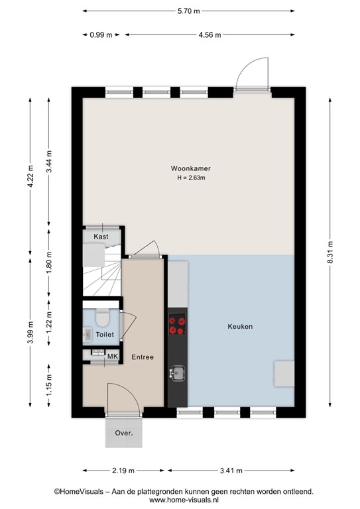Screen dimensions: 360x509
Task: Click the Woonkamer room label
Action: pos(190,168)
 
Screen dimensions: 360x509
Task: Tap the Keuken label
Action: pos(240,327)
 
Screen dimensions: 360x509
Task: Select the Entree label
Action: pos(143,357)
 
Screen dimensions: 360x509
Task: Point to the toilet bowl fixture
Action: pos(103,317)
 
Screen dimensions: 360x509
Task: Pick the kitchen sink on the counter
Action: pos(177,373)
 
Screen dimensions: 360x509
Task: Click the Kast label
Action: pos(101,237)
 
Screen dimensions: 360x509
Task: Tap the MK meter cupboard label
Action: pos(113,356)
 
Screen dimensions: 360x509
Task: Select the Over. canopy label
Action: pos(124,433)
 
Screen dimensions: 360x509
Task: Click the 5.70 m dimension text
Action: pos(188,11)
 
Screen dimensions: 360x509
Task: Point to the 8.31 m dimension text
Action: pos(330,253)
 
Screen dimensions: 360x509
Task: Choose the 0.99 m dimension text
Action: pos(101,34)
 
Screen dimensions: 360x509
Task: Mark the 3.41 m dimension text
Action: pos(231,471)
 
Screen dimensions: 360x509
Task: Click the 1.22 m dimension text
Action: pos(49,322)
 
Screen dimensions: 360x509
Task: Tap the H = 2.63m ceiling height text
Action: pos(191,178)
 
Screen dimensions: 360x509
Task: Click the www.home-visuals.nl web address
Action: pos(184,500)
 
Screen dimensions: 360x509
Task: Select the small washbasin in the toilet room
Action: pos(87,334)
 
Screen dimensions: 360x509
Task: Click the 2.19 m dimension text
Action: pos(123,471)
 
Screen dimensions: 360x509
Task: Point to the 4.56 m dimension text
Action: pos(210,34)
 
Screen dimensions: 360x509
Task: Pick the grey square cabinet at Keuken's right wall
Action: pos(284,374)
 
